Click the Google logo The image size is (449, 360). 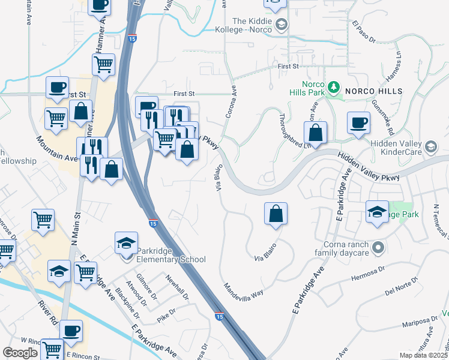click(20, 352)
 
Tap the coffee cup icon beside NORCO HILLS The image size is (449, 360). click(359, 124)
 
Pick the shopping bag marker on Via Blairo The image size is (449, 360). click(276, 214)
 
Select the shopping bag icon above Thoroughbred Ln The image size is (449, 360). click(315, 133)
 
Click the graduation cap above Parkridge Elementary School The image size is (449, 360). click(126, 243)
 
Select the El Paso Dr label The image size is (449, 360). click(364, 32)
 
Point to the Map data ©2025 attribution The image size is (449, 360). click(424, 355)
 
